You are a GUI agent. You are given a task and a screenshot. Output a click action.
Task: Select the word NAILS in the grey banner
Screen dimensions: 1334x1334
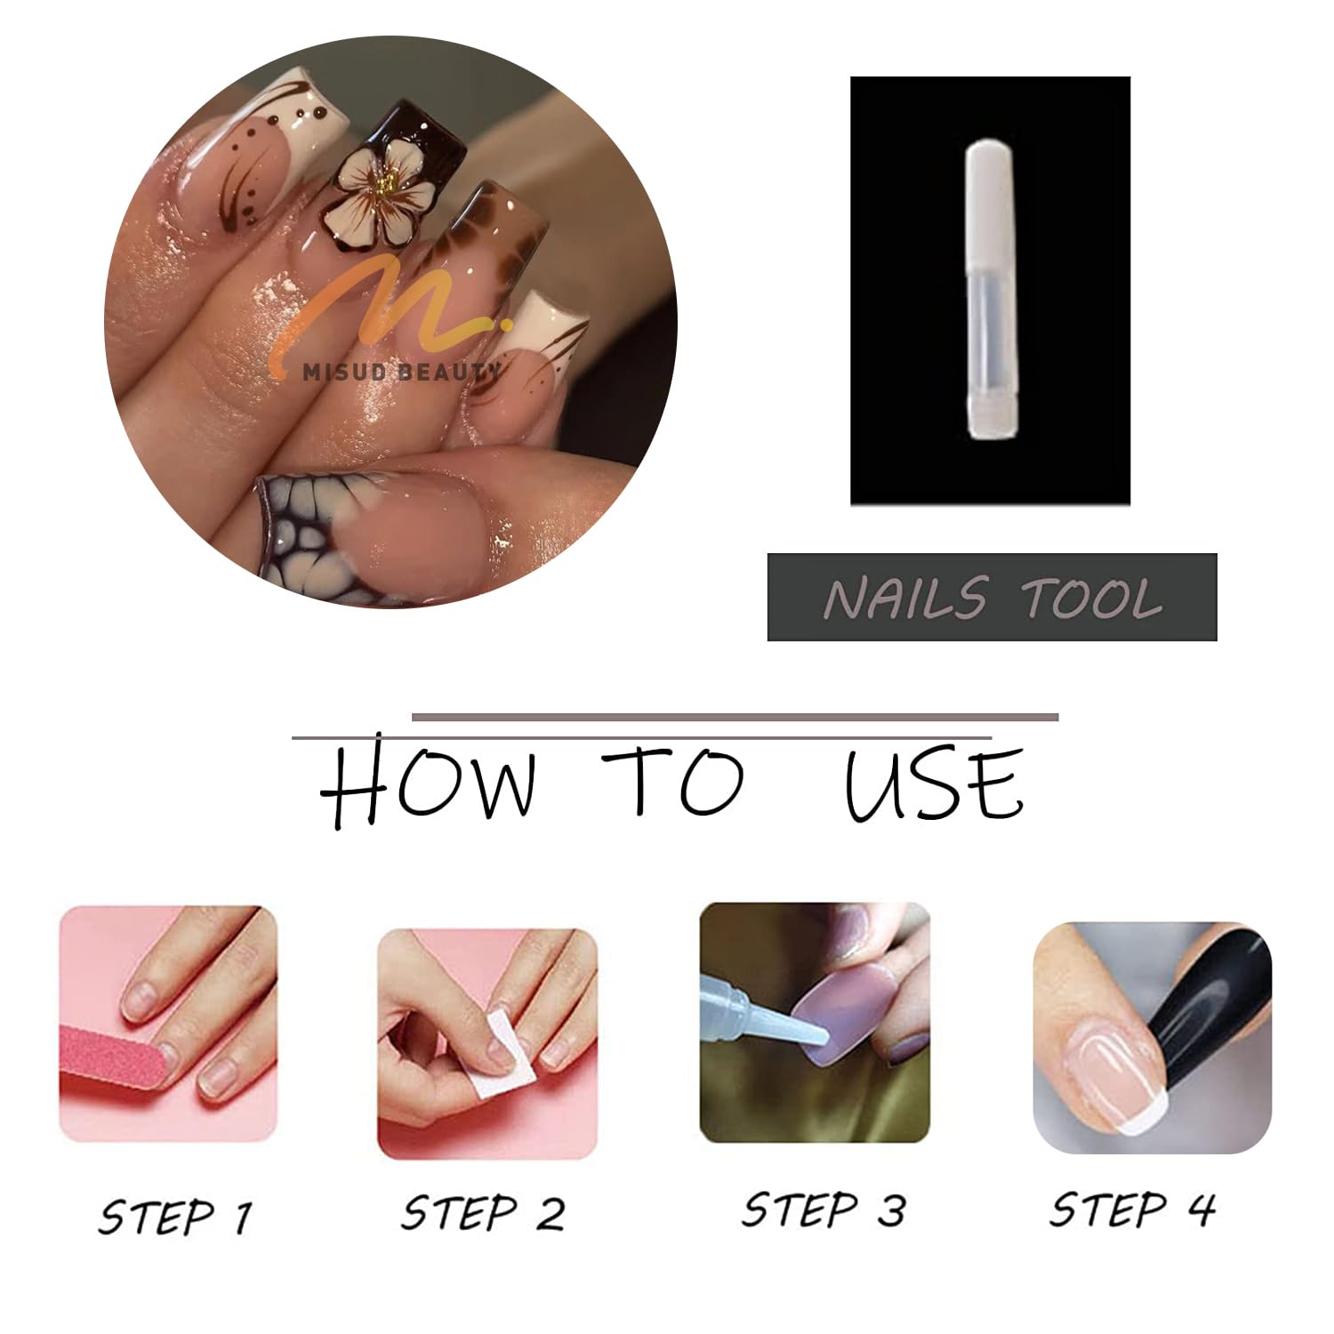point(905,598)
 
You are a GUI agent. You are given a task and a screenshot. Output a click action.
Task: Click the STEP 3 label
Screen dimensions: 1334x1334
point(824,1210)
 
